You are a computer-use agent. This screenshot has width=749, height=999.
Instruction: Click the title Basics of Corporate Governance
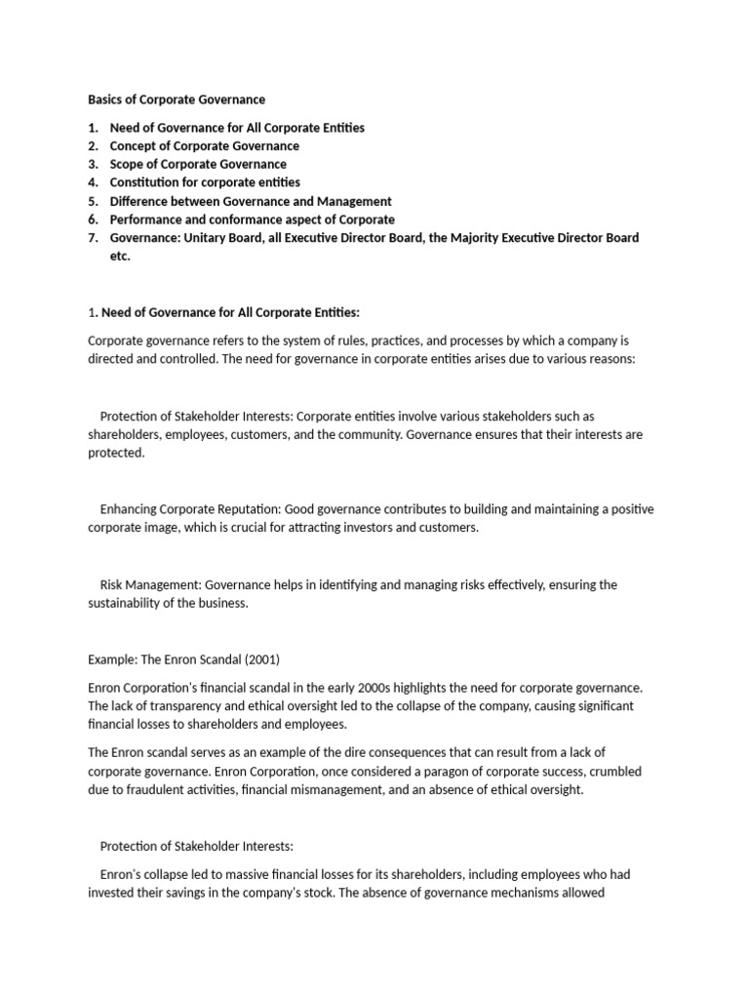[x=177, y=100]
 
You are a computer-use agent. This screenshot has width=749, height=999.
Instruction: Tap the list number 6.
[x=93, y=220]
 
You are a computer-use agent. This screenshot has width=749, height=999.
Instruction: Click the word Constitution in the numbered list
[x=147, y=182]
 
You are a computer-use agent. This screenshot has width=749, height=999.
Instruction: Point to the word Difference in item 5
[x=141, y=201]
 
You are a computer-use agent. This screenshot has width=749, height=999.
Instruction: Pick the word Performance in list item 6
[x=147, y=220]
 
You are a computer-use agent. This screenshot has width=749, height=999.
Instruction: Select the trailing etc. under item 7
[x=120, y=257]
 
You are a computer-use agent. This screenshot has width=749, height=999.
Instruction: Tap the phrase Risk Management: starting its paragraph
[x=150, y=584]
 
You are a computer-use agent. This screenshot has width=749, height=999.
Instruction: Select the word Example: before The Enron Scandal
[x=111, y=659]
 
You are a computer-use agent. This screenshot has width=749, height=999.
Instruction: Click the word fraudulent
[x=149, y=790]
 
